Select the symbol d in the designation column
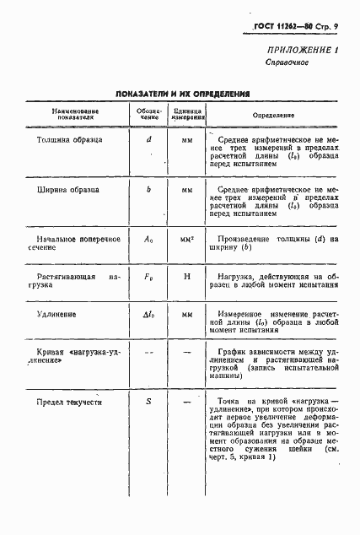click(x=148, y=138)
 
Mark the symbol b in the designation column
click(x=148, y=191)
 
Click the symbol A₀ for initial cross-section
click(x=148, y=240)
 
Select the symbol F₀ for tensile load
click(x=148, y=276)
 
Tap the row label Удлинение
click(x=56, y=315)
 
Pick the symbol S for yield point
click(x=148, y=403)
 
